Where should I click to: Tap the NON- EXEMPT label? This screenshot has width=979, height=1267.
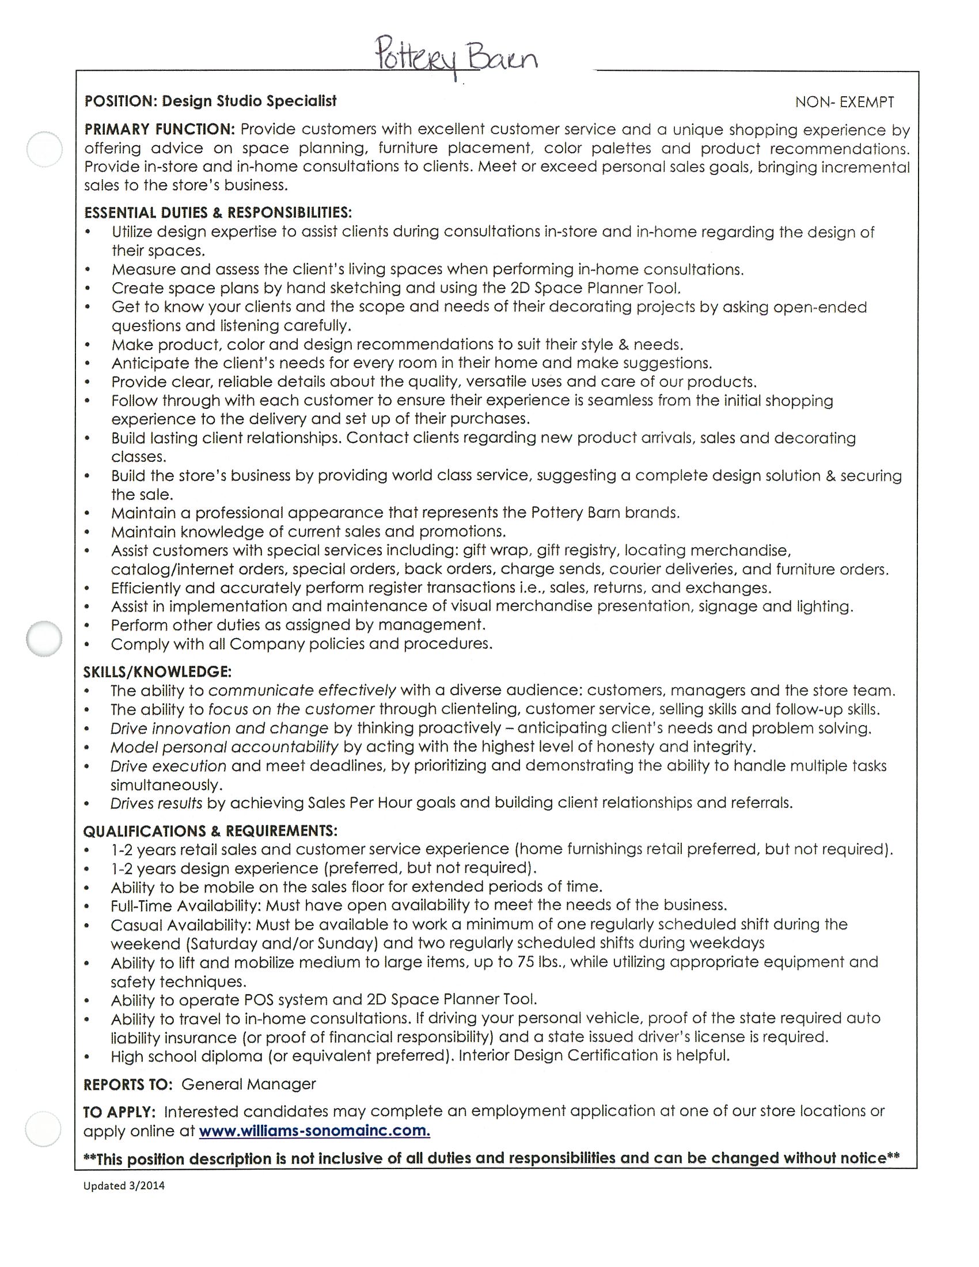844,103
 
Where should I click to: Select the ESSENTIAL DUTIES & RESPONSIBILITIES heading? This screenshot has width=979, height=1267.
218,213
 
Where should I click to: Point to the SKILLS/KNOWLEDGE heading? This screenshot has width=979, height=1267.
158,672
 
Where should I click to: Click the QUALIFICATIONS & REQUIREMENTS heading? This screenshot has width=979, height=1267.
210,830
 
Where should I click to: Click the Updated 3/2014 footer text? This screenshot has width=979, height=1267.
124,1186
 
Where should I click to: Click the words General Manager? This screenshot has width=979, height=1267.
249,1084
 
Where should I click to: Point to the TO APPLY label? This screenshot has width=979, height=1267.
119,1112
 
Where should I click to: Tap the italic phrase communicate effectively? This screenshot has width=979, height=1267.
302,691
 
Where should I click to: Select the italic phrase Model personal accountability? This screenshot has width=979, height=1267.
224,746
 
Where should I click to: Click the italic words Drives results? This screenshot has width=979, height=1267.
156,803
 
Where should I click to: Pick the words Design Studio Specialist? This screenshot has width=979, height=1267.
249,101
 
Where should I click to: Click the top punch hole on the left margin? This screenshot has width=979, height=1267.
45,149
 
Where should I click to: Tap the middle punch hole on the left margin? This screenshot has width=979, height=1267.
44,639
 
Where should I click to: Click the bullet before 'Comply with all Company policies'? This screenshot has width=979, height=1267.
88,644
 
